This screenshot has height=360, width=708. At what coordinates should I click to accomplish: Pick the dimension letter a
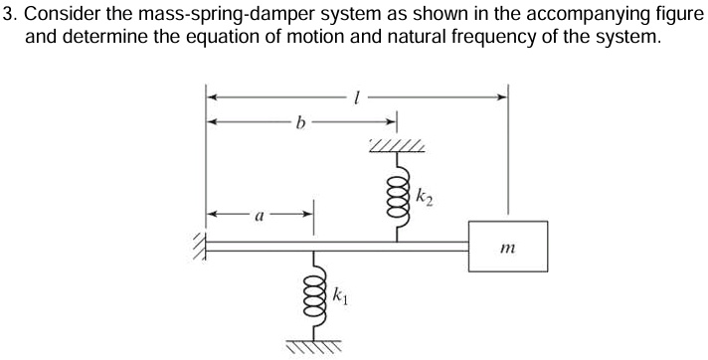tap(260, 213)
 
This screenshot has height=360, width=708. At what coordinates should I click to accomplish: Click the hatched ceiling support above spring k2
tap(398, 148)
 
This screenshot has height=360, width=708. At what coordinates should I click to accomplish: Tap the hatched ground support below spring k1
tap(315, 344)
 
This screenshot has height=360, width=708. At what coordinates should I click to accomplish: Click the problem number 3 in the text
tap(8, 14)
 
